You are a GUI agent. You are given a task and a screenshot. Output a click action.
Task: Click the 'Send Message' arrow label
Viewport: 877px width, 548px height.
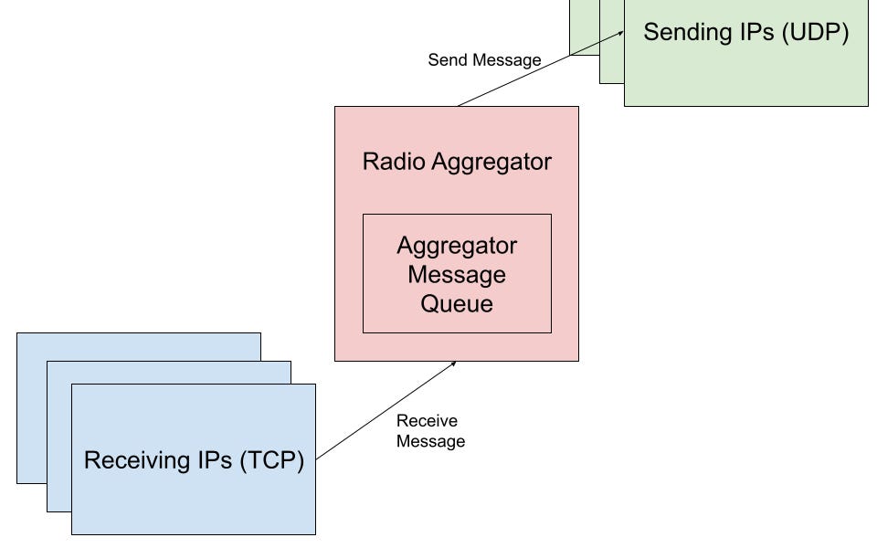click(484, 60)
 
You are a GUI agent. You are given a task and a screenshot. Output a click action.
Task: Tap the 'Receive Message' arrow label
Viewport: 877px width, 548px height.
click(430, 431)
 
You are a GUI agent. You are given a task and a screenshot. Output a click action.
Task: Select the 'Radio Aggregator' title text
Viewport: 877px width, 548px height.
click(457, 162)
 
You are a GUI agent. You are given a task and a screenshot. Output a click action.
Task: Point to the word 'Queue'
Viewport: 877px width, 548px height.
click(457, 303)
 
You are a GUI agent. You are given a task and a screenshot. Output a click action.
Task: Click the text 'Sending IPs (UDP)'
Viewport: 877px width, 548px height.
click(745, 33)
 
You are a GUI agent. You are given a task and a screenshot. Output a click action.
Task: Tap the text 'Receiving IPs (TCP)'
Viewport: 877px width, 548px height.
click(194, 460)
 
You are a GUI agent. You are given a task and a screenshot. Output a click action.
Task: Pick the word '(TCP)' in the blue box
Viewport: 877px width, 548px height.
click(271, 460)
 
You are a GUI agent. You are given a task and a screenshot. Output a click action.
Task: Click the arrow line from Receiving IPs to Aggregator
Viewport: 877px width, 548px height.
click(384, 410)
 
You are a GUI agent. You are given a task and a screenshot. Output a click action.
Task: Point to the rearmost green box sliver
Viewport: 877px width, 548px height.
click(584, 27)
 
